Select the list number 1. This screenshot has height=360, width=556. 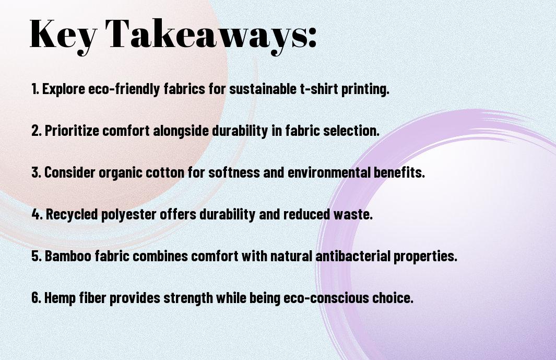[35, 88]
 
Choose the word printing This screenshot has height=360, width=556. [365, 89]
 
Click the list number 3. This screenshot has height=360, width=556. [36, 172]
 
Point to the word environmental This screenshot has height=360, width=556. [329, 172]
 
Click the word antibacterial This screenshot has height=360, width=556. [353, 256]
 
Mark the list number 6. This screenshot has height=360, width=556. [37, 297]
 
